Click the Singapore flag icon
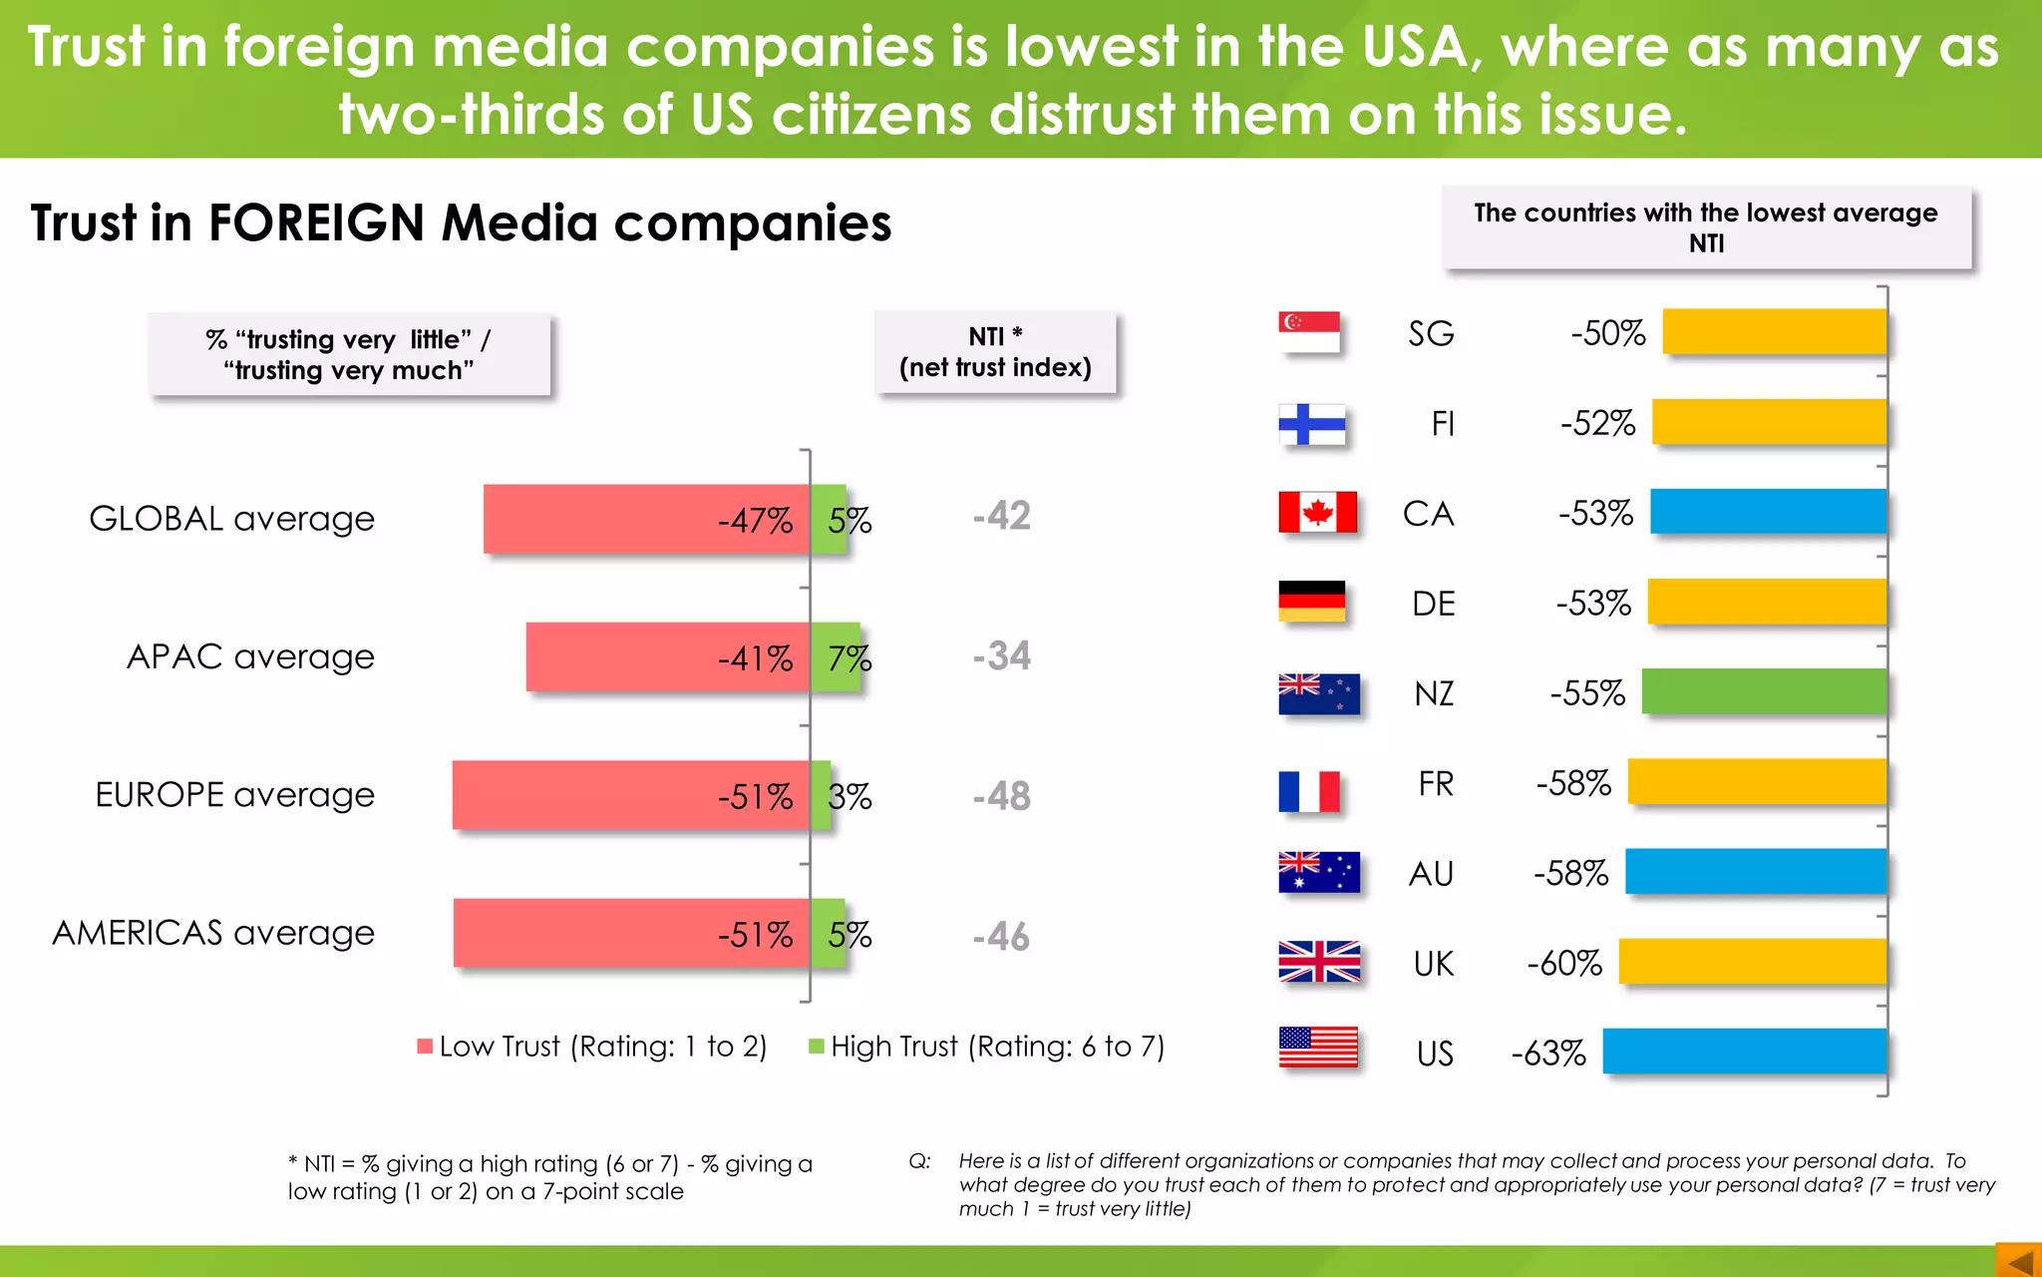pos(1308,332)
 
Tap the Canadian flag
pos(1317,513)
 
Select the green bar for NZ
pos(1764,691)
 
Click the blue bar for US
pos(1744,1051)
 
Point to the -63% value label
pos(1547,1054)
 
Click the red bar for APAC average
pos(667,656)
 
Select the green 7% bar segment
pos(835,656)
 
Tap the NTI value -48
pos(1001,796)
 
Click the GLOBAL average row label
pos(231,519)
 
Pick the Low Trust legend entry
pos(592,1047)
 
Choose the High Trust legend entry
pos(986,1047)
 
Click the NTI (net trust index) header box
pos(995,352)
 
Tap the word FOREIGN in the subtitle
pos(316,222)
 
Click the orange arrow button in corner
pos(2018,1260)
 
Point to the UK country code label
pos(1433,964)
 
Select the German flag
pos(1311,602)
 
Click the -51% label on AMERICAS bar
pos(755,935)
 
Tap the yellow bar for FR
pos(1757,781)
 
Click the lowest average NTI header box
pos(1706,227)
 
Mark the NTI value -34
pos(1001,655)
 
